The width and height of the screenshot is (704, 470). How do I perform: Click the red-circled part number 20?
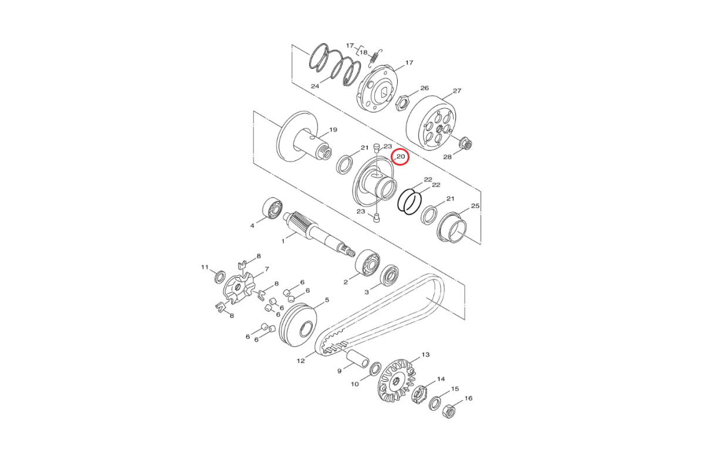tap(400, 156)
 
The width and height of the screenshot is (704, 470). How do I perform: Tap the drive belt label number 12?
tap(301, 361)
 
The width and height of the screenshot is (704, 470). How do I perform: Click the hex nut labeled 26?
tap(402, 102)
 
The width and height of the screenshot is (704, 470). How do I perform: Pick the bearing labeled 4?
tap(272, 208)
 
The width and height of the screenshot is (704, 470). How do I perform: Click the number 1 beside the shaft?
tap(283, 241)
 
